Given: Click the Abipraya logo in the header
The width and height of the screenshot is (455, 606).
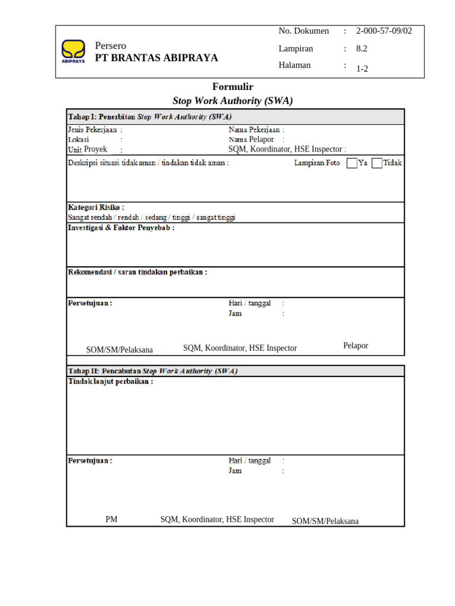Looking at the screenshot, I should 73,51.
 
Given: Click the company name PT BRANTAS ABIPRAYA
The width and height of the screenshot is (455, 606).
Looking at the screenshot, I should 156,57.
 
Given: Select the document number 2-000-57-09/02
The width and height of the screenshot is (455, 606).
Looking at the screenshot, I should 384,31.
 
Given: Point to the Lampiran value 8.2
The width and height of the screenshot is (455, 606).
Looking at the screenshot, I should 362,49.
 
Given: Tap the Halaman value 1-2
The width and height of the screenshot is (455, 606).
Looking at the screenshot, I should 362,68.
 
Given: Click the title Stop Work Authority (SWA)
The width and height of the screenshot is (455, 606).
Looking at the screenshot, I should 233,101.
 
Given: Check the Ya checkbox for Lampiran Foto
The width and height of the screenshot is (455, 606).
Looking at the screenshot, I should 352,163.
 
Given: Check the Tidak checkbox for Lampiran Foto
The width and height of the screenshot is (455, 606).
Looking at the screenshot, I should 377,163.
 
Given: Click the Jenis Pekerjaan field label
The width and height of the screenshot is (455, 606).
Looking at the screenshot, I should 93,130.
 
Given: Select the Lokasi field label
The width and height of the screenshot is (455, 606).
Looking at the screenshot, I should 79,140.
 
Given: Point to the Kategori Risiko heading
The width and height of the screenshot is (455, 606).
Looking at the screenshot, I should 96,208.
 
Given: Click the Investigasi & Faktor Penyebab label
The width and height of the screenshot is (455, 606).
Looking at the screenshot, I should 121,228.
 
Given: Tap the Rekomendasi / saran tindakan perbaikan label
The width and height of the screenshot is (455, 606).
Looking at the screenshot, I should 137,272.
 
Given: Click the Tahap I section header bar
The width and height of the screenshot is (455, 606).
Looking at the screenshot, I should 235,117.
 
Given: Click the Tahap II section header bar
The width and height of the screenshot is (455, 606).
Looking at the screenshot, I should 235,371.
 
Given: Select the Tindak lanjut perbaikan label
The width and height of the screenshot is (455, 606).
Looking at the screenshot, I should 110,382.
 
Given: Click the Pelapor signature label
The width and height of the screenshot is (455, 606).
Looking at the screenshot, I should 355,346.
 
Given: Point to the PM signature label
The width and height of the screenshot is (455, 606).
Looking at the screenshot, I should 111,520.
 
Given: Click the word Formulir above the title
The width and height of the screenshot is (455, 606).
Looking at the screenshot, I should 233,86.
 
